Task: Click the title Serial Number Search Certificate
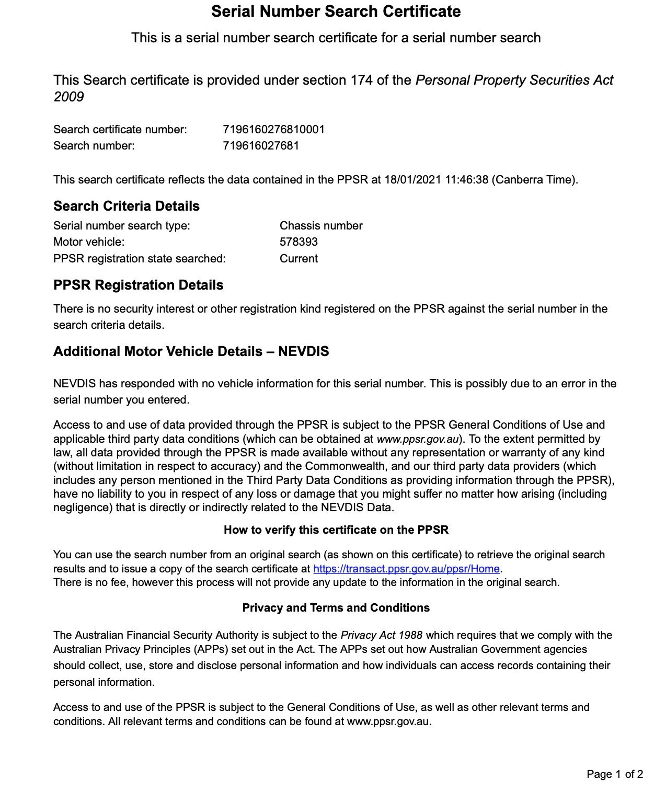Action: [x=336, y=12]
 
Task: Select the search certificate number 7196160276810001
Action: [x=273, y=130]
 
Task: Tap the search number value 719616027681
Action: [x=261, y=146]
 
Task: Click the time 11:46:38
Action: [x=466, y=180]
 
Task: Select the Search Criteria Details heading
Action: [x=127, y=206]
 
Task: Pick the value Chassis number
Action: [x=321, y=226]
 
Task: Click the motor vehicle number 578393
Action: [x=298, y=242]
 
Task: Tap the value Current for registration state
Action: [x=298, y=259]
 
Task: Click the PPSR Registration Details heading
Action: [x=138, y=285]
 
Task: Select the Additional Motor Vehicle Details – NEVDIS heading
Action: [x=191, y=351]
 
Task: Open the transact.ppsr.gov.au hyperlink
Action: [x=406, y=569]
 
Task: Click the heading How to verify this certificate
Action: [x=336, y=530]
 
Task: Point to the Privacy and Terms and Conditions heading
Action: [x=336, y=608]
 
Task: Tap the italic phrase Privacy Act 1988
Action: [x=381, y=636]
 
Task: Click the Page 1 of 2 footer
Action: [x=615, y=774]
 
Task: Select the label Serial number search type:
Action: [x=122, y=226]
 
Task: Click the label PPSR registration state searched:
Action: [x=140, y=259]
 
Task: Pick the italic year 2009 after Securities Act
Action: [x=68, y=97]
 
